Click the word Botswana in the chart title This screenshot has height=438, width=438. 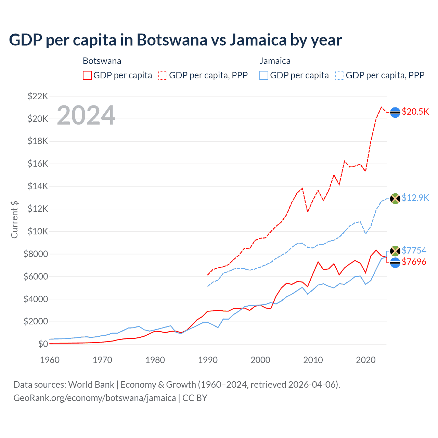(172, 40)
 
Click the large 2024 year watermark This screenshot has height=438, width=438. (86, 115)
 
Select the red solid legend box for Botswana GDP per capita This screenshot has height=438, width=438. (87, 75)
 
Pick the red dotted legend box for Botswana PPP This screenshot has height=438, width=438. (163, 75)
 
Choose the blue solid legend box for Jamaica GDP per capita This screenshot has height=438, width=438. (264, 75)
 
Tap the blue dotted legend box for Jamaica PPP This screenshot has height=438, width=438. (340, 75)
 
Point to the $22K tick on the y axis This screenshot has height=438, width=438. (38, 96)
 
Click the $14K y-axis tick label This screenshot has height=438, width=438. (38, 186)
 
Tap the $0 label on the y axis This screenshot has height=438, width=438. (43, 344)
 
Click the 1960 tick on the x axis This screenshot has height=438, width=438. (50, 360)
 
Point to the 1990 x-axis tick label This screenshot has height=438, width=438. (208, 360)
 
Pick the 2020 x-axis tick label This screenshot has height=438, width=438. (366, 360)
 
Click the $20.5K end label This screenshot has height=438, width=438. (415, 112)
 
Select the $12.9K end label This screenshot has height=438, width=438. (415, 198)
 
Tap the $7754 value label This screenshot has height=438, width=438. (414, 250)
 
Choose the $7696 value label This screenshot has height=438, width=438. (414, 262)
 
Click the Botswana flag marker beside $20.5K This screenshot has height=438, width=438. (395, 112)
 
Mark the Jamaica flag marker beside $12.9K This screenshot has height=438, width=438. (395, 198)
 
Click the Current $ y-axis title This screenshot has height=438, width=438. (14, 220)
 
